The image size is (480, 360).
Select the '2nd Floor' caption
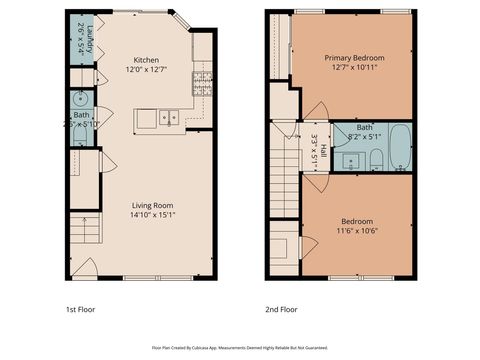coord(282,308)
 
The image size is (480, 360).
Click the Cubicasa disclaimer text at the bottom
coord(239,347)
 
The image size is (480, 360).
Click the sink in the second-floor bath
coord(347,160)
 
